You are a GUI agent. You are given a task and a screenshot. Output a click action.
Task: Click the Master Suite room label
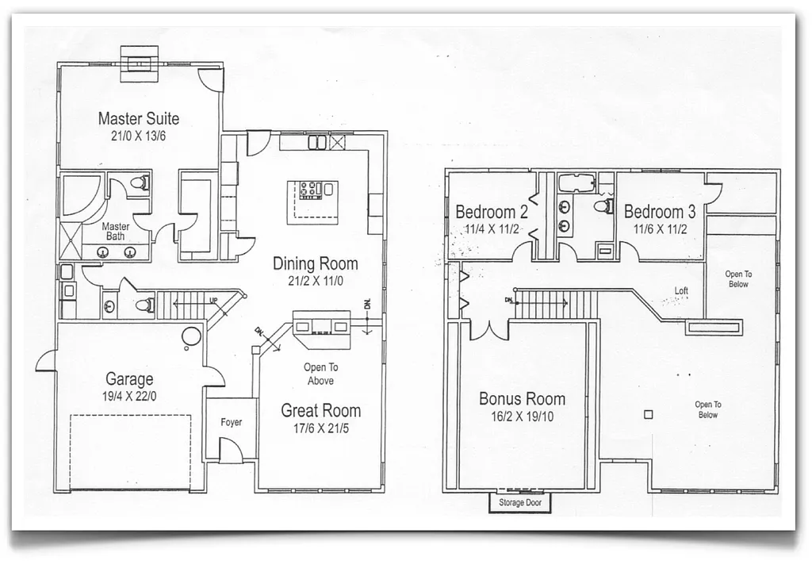pyautogui.click(x=138, y=119)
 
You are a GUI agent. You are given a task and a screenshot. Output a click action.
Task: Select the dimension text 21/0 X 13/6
pyautogui.click(x=138, y=136)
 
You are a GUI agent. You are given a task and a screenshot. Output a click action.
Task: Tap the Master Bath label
pyautogui.click(x=116, y=232)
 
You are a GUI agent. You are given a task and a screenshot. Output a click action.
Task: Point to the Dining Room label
pyautogui.click(x=315, y=263)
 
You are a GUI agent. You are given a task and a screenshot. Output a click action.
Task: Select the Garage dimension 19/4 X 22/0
pyautogui.click(x=130, y=396)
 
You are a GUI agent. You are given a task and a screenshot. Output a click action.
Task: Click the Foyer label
pyautogui.click(x=232, y=423)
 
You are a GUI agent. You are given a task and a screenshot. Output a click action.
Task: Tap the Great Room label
pyautogui.click(x=320, y=410)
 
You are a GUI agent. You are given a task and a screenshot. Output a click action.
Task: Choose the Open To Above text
pyautogui.click(x=320, y=374)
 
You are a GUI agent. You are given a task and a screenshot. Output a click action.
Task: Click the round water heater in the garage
pyautogui.click(x=191, y=336)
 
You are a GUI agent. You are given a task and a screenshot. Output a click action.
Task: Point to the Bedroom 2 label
pyautogui.click(x=491, y=213)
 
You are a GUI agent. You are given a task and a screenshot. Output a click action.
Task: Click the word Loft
pyautogui.click(x=681, y=291)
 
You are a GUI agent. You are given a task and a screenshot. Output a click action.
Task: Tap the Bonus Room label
pyautogui.click(x=522, y=399)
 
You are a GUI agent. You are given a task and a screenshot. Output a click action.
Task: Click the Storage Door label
pyautogui.click(x=519, y=503)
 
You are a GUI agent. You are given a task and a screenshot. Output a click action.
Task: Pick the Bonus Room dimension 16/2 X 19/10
pyautogui.click(x=522, y=416)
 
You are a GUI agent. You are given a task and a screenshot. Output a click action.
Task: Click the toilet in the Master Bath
pyautogui.click(x=140, y=184)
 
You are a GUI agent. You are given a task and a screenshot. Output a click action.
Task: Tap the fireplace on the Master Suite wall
pyautogui.click(x=140, y=62)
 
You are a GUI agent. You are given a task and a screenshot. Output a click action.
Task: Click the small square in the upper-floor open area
pyautogui.click(x=648, y=413)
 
